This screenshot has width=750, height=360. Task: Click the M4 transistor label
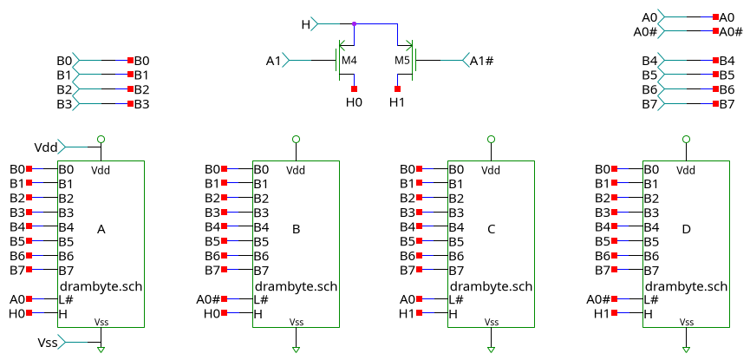click(349, 61)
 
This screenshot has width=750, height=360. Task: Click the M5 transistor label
click(402, 61)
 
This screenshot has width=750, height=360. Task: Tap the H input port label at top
click(305, 23)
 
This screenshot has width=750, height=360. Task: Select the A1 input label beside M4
click(273, 61)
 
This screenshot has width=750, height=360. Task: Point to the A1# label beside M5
click(483, 61)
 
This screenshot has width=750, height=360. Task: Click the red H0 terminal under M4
click(354, 88)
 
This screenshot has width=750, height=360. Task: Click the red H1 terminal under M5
click(397, 88)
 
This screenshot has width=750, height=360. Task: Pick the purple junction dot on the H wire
click(354, 23)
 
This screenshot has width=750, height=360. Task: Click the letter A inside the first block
click(101, 230)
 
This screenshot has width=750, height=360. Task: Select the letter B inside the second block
click(297, 230)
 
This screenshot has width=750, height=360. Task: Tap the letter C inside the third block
click(492, 230)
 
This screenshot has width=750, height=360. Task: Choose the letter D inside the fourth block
click(687, 230)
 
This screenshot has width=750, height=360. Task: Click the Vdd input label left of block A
click(45, 147)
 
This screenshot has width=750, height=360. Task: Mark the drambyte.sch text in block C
click(491, 285)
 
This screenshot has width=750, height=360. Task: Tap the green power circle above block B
click(297, 139)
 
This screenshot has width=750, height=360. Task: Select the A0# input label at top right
click(645, 31)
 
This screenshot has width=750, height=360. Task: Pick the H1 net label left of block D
click(603, 313)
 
